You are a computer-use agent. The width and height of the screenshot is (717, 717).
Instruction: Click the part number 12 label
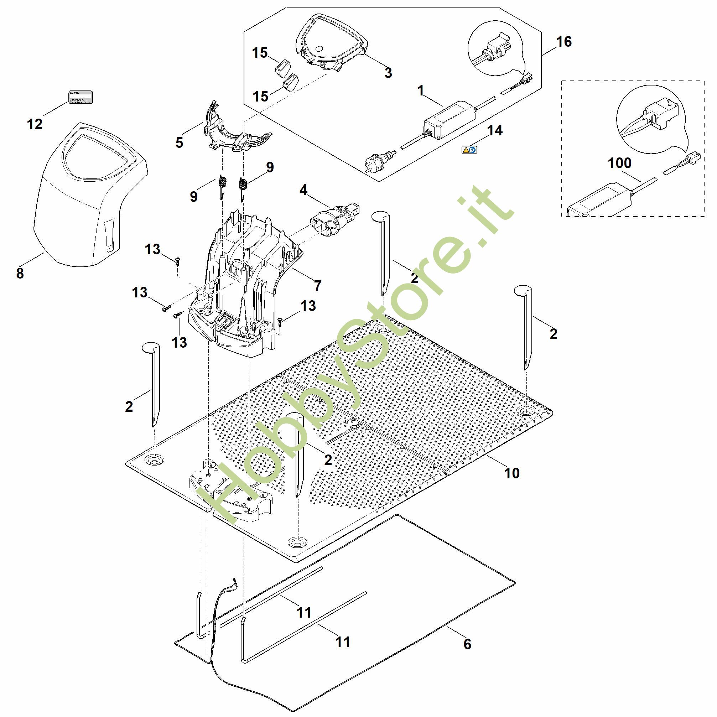(35, 124)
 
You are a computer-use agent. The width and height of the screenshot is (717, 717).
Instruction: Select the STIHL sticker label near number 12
(80, 97)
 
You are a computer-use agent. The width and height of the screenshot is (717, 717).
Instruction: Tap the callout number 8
(20, 273)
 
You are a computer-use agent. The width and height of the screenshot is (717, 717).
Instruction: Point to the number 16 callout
(564, 42)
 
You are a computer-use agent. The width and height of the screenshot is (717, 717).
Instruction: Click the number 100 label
(619, 163)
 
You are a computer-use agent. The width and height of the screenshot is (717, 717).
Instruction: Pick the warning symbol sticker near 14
(469, 150)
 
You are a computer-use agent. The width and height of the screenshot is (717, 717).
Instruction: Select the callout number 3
(388, 73)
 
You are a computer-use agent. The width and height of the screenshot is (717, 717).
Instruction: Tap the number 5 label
(179, 142)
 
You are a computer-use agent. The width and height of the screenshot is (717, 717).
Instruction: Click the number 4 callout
(303, 190)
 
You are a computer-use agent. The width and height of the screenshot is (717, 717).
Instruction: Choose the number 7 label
(318, 286)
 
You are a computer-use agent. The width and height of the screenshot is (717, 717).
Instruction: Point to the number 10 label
(512, 473)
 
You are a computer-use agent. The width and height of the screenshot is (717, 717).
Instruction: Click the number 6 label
(467, 644)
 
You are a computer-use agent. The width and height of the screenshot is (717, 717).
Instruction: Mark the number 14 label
(495, 130)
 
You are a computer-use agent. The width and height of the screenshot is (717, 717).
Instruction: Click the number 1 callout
(421, 90)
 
